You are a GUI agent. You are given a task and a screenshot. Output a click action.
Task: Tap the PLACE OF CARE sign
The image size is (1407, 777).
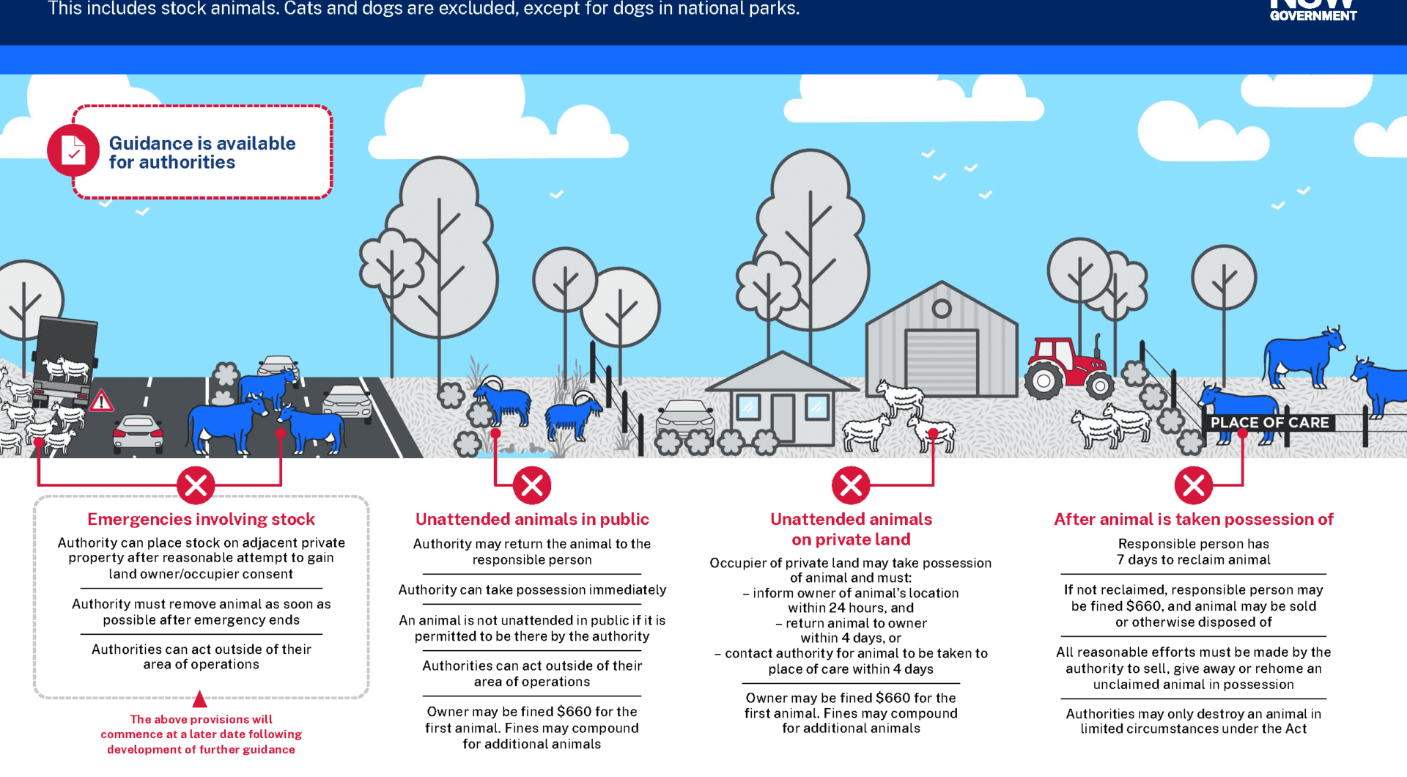[x=1269, y=423]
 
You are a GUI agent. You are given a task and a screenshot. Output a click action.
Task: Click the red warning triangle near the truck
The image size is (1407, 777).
[x=101, y=400]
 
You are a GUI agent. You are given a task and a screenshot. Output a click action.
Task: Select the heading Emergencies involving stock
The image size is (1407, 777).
[x=201, y=519]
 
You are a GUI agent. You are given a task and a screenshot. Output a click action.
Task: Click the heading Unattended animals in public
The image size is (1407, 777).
[x=532, y=519]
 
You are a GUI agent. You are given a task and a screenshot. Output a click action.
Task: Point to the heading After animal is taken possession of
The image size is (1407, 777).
[x=1194, y=519]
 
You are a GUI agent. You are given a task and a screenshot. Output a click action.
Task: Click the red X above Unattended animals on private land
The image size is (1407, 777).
[x=851, y=485]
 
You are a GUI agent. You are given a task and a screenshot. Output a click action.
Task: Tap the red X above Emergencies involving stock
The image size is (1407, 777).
[x=196, y=485]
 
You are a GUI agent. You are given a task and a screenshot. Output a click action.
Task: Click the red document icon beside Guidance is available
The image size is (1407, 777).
[x=73, y=150]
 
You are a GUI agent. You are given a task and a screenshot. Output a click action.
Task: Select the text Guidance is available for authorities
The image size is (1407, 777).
[x=202, y=152]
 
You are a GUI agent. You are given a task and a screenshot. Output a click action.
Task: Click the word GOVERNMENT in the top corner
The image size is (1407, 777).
[x=1313, y=15]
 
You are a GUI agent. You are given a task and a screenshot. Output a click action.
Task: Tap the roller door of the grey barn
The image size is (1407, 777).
[x=942, y=362]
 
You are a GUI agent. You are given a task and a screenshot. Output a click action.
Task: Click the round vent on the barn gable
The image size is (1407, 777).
[x=942, y=309]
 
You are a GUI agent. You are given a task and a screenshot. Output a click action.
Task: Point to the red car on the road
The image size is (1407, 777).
[x=138, y=433]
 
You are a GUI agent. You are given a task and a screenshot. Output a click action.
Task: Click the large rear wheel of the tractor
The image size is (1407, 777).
[x=1044, y=380]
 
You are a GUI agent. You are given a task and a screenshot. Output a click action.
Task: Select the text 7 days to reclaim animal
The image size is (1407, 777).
[x=1194, y=560]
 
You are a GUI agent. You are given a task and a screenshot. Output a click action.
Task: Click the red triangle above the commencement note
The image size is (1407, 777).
[x=199, y=699]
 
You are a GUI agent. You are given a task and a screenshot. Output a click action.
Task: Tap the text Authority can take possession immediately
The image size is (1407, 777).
[x=532, y=590]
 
